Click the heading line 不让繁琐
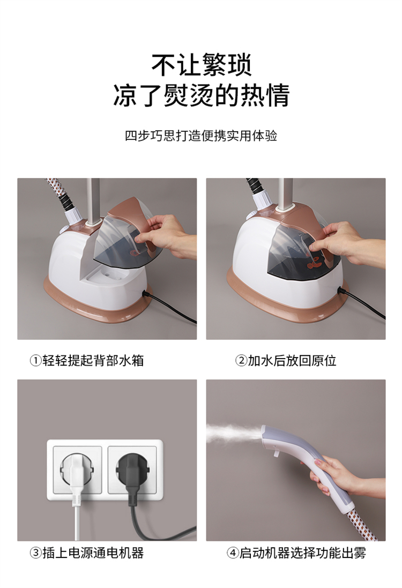[x=202, y=65]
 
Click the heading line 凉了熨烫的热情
[x=202, y=95]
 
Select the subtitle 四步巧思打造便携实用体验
[x=201, y=136]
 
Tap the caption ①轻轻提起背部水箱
[x=87, y=361]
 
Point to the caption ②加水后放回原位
[x=286, y=361]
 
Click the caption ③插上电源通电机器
[x=87, y=553]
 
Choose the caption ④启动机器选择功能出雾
[x=296, y=553]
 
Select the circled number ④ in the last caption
[x=233, y=553]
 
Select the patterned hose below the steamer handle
[x=361, y=524]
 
